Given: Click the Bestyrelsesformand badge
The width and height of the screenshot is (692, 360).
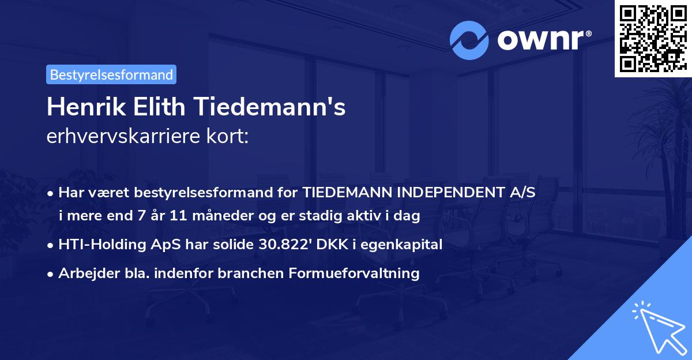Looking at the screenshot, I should click(111, 74).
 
